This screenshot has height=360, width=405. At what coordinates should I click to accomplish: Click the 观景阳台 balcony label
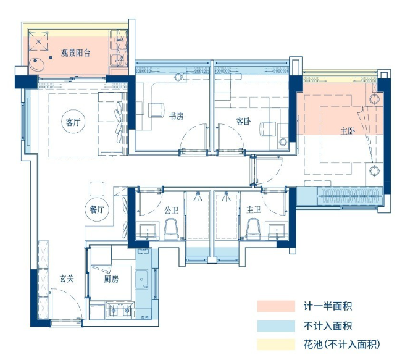[x=75, y=53]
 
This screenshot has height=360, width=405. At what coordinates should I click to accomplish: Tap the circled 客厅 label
[x=73, y=122]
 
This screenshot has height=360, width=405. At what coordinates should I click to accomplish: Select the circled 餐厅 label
[x=97, y=209]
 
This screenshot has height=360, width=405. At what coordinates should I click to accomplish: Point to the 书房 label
[x=177, y=116]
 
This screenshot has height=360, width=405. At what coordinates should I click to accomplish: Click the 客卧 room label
[x=243, y=122]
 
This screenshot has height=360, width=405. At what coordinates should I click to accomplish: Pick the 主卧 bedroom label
[x=348, y=131]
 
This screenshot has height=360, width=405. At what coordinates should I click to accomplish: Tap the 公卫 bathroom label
[x=171, y=211]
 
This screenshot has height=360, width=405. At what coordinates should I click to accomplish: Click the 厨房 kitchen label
[x=111, y=279]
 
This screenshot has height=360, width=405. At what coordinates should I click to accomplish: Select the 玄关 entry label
[x=67, y=278]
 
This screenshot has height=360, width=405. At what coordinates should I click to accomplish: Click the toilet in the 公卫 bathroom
[x=171, y=229]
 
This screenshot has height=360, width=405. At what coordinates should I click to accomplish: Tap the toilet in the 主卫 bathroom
[x=253, y=229]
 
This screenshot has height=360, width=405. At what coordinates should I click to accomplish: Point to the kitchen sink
[x=141, y=280]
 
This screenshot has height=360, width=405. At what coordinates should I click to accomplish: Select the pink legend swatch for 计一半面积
[x=276, y=306]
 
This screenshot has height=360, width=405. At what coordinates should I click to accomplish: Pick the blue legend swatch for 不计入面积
[x=276, y=326]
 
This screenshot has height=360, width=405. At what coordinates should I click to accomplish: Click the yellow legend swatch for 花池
[x=276, y=344]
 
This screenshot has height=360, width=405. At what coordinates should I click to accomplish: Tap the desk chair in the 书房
[x=157, y=111]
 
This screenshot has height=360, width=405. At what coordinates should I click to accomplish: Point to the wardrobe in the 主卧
[x=349, y=196]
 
